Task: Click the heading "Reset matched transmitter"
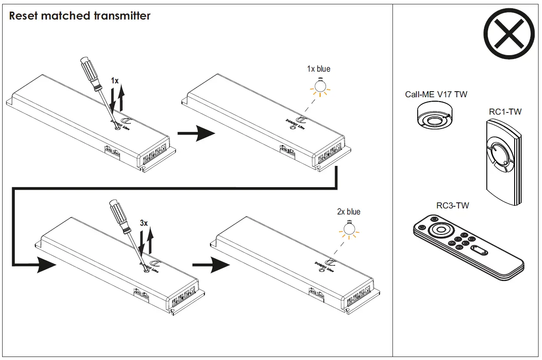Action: coord(80,16)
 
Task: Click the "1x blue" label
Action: coord(318,69)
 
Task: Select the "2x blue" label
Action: coord(349,212)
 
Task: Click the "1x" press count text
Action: coord(115,81)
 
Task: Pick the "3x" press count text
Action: coord(144,223)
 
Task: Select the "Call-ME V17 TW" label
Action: coord(436,94)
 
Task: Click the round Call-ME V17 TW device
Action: coord(435,116)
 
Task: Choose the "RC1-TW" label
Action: coord(505,112)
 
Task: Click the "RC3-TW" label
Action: coord(452,205)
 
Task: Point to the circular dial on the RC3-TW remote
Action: coord(440,230)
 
